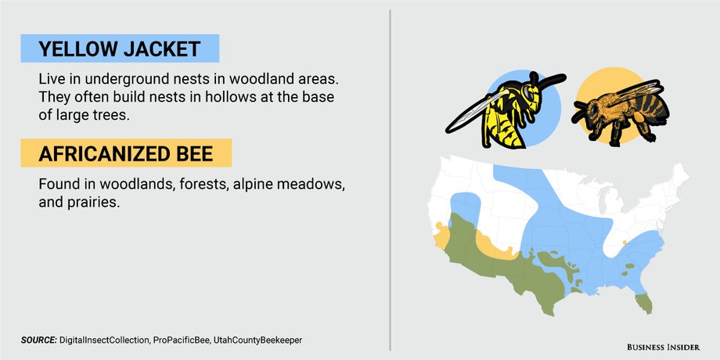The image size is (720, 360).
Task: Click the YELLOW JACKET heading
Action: point(120,49)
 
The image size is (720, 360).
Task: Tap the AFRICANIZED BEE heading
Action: point(125,153)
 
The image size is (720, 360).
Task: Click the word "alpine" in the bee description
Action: point(253,184)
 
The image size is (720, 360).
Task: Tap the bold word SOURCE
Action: point(39,340)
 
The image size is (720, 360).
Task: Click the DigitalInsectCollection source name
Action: point(104,340)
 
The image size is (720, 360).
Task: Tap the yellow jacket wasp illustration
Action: point(505,110)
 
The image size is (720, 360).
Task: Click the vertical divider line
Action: point(390,180)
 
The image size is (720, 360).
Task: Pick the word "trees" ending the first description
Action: point(111,115)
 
